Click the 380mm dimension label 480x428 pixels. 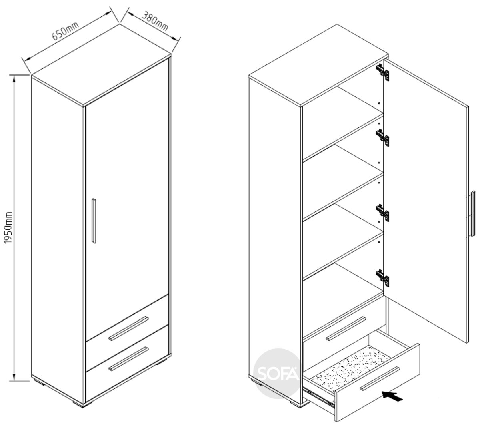pos(155,21)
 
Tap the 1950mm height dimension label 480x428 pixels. pos(8,228)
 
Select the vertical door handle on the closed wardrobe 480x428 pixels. pos(94,221)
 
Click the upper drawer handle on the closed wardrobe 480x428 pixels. pos(129,328)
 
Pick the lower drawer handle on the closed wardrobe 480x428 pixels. pos(129,359)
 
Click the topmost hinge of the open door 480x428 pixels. pos(382,73)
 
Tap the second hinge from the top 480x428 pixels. pos(382,138)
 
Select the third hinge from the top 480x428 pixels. pos(382,213)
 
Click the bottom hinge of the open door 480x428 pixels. pos(382,278)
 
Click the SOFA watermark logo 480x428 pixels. pos(278,374)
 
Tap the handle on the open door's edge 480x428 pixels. pos(473,213)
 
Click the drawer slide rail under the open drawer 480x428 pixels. pos(319,397)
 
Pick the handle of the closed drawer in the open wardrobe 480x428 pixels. pos(346,328)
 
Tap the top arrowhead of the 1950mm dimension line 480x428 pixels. pos(14,78)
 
